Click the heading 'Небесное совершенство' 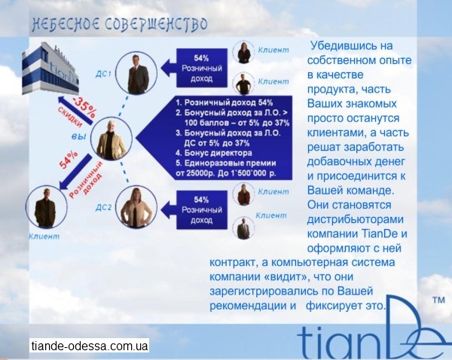[119, 24]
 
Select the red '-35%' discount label [84, 108]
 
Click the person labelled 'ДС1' [138, 74]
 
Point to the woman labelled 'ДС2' [136, 208]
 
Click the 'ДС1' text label [103, 74]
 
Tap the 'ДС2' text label [103, 208]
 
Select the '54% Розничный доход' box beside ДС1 [202, 68]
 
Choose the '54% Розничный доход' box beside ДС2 [202, 210]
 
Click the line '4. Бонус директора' [214, 153]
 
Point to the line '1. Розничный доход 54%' [224, 103]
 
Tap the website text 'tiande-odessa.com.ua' [90, 346]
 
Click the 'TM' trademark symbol [438, 301]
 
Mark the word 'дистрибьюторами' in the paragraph [355, 219]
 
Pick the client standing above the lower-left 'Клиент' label [45, 208]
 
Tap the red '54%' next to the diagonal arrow [69, 160]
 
